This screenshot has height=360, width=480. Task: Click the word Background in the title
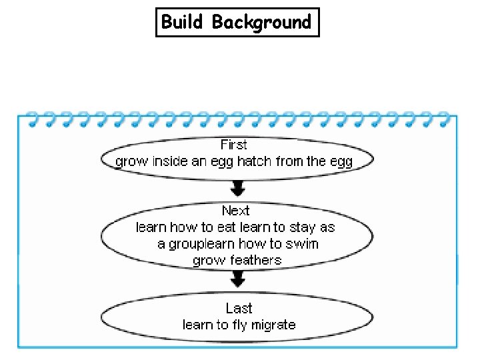(x=261, y=22)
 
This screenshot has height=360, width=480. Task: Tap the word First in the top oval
(x=233, y=145)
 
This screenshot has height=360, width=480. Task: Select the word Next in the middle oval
(x=235, y=211)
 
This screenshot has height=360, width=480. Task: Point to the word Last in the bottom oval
(x=239, y=308)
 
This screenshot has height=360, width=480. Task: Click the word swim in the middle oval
(x=304, y=244)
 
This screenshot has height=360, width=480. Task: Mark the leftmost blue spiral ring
(x=29, y=119)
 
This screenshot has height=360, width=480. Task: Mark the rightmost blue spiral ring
(x=443, y=119)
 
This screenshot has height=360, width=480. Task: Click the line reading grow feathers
(x=237, y=260)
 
